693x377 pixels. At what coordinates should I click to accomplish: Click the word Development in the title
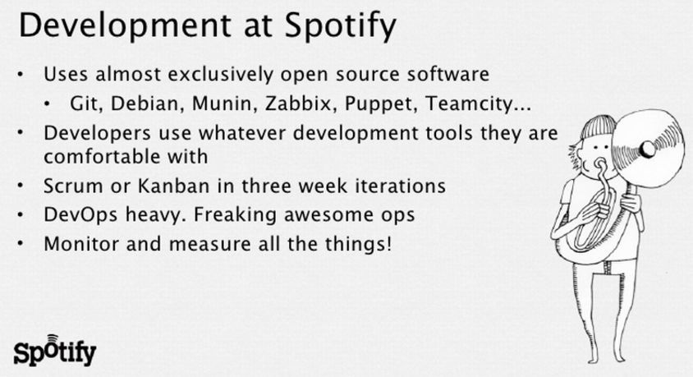pyautogui.click(x=125, y=25)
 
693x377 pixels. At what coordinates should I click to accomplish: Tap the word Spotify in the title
pyautogui.click(x=340, y=26)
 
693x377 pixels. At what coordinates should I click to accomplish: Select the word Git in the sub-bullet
pyautogui.click(x=87, y=103)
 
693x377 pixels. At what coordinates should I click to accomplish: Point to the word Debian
pyautogui.click(x=147, y=103)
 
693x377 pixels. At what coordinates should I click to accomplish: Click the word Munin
pyautogui.click(x=225, y=103)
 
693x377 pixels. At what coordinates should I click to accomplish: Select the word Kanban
pyautogui.click(x=174, y=186)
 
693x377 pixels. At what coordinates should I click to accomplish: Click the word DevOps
pyautogui.click(x=81, y=215)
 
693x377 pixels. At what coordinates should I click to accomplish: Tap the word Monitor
pyautogui.click(x=81, y=244)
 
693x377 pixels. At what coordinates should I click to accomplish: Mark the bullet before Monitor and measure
pyautogui.click(x=21, y=244)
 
